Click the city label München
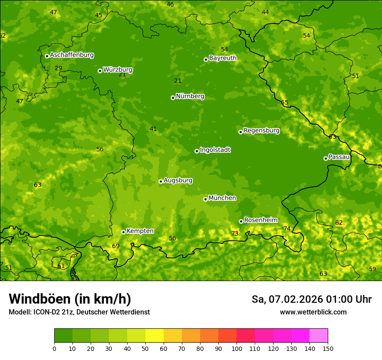(x=222, y=198)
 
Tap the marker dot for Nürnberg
(x=173, y=98)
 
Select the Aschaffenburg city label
(x=72, y=55)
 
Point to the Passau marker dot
(x=326, y=158)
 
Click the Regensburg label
(x=261, y=131)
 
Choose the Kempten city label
(x=140, y=231)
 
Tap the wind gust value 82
(x=339, y=223)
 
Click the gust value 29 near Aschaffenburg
(x=59, y=68)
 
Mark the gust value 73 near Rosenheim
(x=235, y=233)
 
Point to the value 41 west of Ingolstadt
(x=153, y=129)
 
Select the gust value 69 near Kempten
(x=116, y=246)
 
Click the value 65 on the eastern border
(x=285, y=103)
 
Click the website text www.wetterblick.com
(x=313, y=312)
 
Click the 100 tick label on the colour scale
(x=237, y=348)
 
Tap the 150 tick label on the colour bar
(x=328, y=348)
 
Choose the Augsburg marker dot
(x=161, y=181)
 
